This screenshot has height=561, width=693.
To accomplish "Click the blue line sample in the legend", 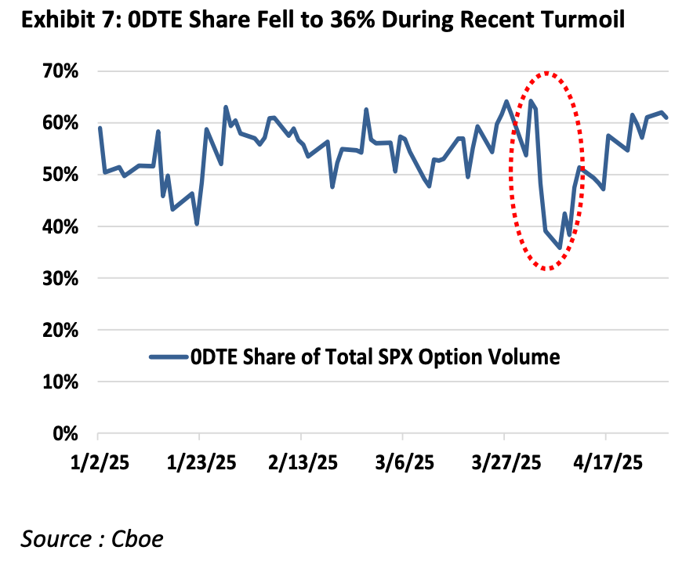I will [168, 357].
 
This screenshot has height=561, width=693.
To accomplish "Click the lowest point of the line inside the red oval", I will [560, 248].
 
